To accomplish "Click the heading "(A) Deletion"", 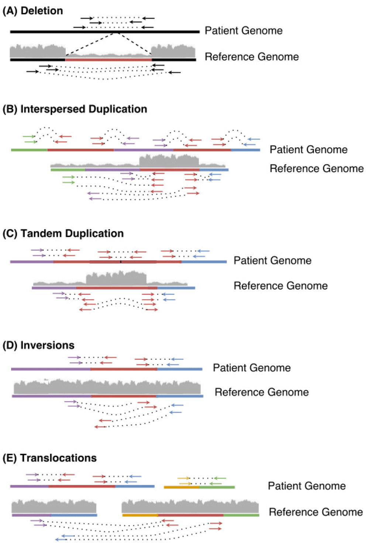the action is [x=32, y=11].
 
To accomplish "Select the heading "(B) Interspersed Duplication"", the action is [x=75, y=109].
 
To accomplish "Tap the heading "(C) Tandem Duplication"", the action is [x=63, y=233].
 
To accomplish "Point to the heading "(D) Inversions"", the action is [x=38, y=345].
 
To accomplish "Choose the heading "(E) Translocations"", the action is [x=49, y=458].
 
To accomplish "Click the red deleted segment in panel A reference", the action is [x=108, y=60].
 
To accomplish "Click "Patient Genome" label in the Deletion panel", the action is [x=244, y=31].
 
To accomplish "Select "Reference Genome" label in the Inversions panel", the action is [x=262, y=392].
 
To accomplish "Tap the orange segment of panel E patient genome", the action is [x=182, y=487].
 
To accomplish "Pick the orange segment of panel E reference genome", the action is [x=140, y=515].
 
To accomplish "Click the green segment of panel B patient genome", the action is [x=29, y=150].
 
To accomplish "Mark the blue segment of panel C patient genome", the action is [x=204, y=262].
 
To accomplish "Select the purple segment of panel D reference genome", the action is [x=52, y=396].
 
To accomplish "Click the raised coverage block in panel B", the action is [x=169, y=161].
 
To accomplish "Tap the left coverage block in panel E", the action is [x=54, y=506].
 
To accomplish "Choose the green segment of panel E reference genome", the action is [x=241, y=515].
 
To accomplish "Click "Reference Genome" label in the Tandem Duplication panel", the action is [x=281, y=286].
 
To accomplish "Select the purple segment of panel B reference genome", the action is [x=113, y=170].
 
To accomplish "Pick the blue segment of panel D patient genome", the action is [x=180, y=369].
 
